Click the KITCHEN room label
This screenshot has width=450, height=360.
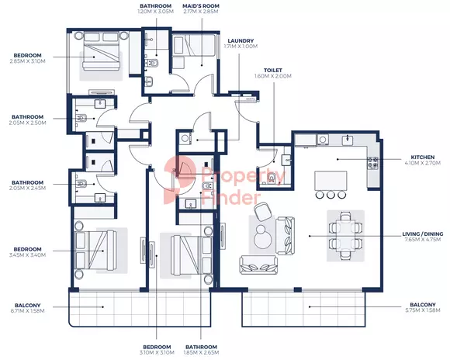422,157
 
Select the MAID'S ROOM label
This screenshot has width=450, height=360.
201,5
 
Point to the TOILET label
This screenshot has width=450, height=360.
273,71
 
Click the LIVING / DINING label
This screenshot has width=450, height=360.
422,234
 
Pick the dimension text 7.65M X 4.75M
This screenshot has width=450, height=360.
422,240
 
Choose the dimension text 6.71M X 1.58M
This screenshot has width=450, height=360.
28,310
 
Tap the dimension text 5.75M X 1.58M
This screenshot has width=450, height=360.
422,310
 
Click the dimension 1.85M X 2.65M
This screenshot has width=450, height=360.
201,352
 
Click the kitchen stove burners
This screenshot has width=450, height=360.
373,162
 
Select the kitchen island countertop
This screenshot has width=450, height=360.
331,181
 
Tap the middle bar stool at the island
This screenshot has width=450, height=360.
331,195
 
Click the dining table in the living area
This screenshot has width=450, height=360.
345,236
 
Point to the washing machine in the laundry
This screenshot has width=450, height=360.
185,139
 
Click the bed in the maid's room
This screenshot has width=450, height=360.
194,45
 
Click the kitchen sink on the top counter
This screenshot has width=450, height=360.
348,140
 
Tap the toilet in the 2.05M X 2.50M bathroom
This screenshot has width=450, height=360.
81,117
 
